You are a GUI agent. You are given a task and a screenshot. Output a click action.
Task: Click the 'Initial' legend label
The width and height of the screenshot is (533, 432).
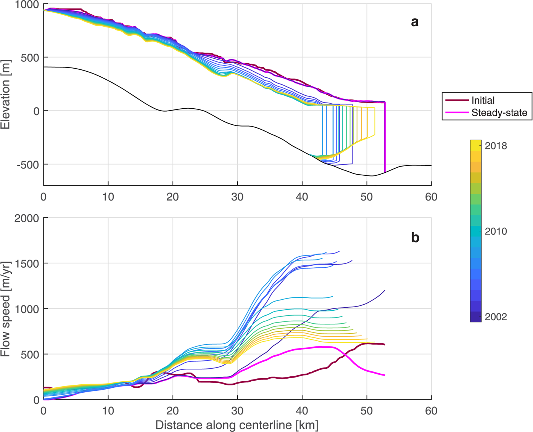click(x=483, y=100)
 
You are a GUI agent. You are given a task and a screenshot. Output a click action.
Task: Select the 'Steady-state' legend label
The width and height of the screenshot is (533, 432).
click(x=499, y=113)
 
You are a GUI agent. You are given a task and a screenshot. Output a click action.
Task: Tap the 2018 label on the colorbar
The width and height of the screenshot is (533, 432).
click(x=496, y=146)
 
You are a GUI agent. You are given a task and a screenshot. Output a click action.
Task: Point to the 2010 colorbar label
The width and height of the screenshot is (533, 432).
click(x=496, y=231)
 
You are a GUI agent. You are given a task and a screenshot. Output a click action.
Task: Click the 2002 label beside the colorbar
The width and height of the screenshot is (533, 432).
click(x=496, y=317)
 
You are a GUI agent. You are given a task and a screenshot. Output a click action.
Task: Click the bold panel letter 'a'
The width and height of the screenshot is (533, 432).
click(x=415, y=22)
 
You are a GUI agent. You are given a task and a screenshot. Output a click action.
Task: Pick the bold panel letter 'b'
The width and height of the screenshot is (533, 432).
click(x=415, y=238)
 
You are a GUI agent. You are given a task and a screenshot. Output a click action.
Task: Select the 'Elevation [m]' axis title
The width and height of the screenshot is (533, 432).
click(x=5, y=94)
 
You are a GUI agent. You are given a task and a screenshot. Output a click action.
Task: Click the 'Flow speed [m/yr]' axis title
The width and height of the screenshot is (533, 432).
click(x=5, y=309)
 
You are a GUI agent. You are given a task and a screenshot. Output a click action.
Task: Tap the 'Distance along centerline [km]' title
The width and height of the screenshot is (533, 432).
click(x=237, y=425)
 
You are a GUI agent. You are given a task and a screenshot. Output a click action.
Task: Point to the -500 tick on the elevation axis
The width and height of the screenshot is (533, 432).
click(x=28, y=165)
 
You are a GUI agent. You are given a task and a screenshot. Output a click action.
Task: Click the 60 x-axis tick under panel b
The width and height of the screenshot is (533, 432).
click(x=431, y=411)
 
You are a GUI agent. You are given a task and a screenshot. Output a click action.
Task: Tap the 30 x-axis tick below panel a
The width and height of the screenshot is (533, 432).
click(x=237, y=197)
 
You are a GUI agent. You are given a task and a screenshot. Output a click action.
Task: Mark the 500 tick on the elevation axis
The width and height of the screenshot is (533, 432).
click(x=30, y=58)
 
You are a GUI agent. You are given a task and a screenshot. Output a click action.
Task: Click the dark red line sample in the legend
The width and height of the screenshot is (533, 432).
click(x=457, y=100)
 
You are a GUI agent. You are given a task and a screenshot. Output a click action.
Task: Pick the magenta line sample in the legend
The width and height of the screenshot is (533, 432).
click(x=457, y=113)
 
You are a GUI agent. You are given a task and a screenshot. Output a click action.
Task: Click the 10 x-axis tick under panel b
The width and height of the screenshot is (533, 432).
click(x=108, y=411)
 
